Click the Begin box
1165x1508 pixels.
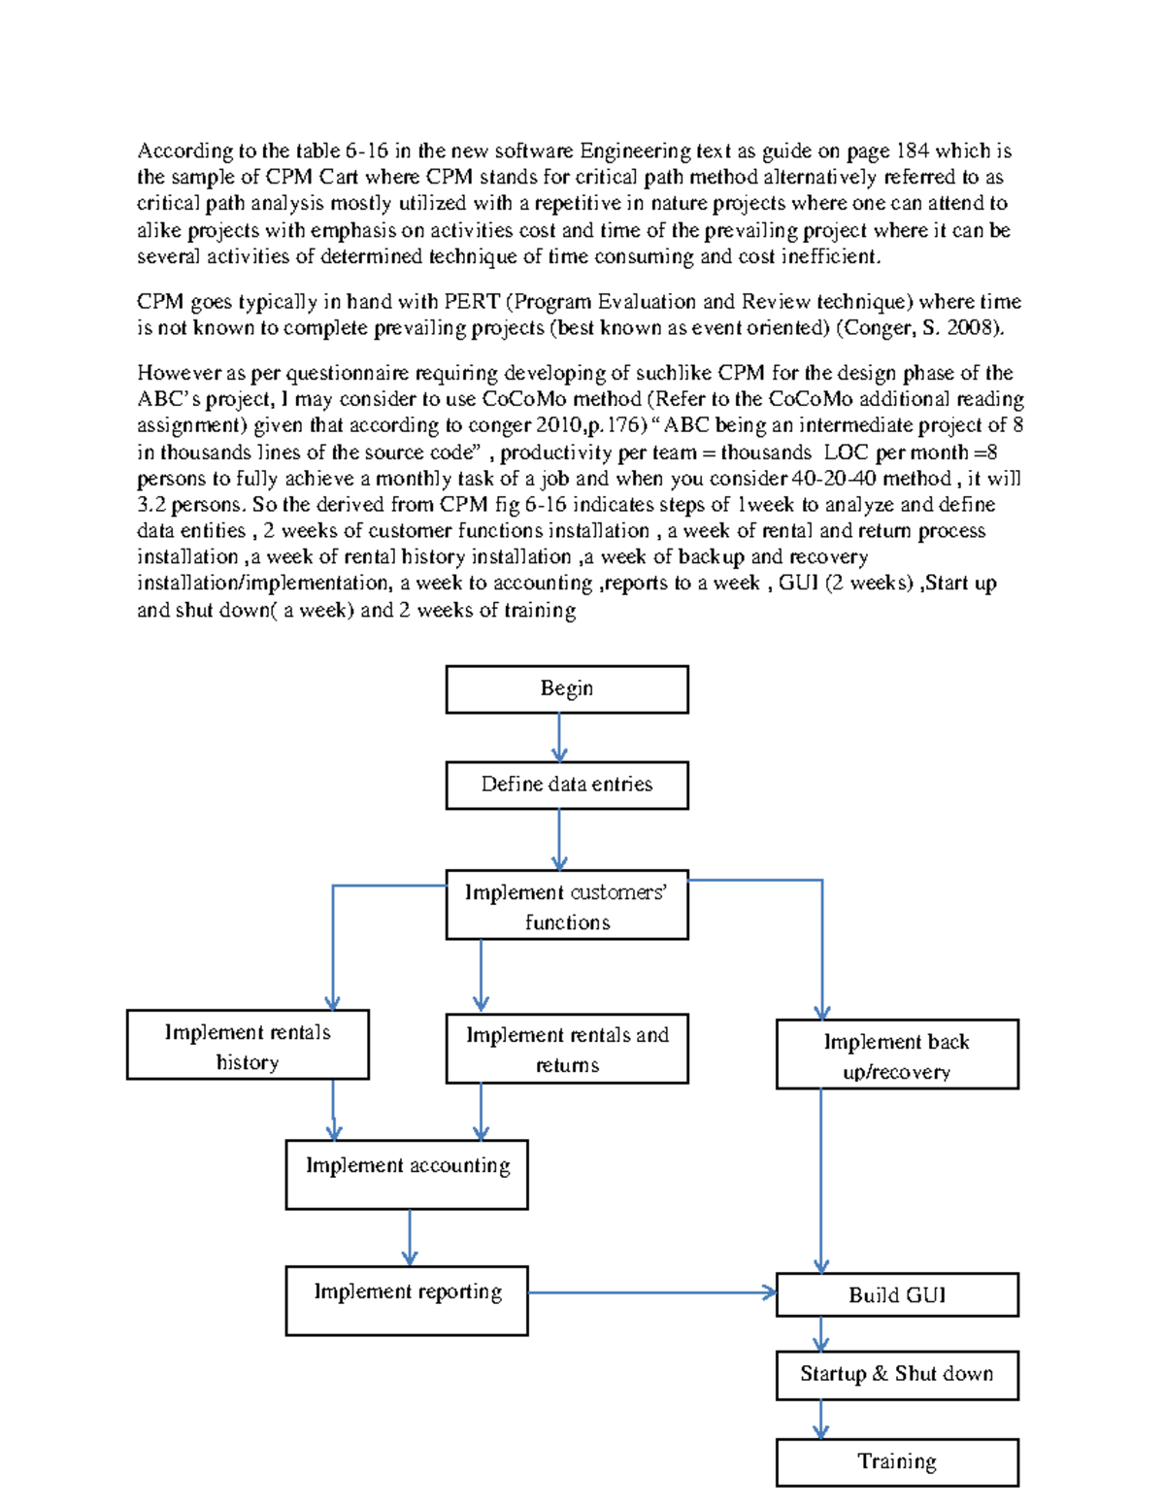point(567,689)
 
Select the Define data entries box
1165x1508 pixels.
point(567,785)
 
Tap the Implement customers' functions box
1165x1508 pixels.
point(567,905)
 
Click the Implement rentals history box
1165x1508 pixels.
point(248,1045)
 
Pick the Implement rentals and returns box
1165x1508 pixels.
point(567,1049)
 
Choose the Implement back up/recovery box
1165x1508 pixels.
point(897,1055)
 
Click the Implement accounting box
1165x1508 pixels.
point(407,1174)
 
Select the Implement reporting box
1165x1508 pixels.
point(407,1300)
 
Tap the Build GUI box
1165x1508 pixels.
point(897,1294)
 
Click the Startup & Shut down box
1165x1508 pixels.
point(897,1375)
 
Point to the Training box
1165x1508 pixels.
point(897,1462)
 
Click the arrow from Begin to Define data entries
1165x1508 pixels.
point(559,738)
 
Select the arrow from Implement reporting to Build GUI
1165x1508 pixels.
point(650,1292)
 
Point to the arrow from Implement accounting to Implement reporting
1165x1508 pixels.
point(410,1237)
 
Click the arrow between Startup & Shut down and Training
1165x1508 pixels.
point(821,1419)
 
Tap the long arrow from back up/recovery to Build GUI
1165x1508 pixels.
point(821,1180)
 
